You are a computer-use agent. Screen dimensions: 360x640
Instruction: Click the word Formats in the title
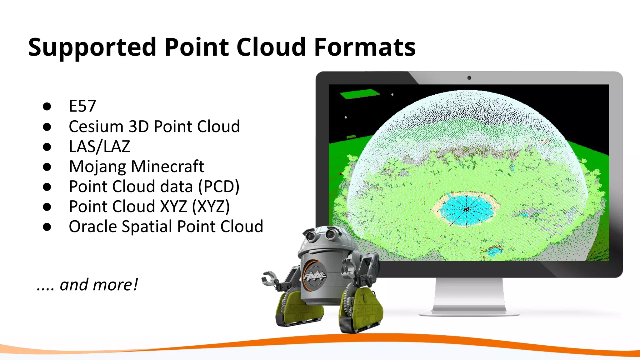pos(365,47)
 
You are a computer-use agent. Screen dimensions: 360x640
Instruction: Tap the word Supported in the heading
pos(92,48)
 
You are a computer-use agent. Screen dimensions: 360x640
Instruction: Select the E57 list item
pos(82,106)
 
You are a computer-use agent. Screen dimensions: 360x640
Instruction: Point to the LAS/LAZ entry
pos(99,147)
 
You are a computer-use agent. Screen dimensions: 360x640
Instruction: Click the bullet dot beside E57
pos(47,107)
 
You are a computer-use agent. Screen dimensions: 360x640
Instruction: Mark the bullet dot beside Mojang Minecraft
pos(47,167)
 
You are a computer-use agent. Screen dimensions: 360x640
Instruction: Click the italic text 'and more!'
pos(99,285)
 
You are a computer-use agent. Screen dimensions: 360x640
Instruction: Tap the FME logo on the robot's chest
pos(314,276)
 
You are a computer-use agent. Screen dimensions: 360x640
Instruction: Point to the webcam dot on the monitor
pos(469,78)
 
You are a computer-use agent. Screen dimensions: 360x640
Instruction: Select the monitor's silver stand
pos(469,297)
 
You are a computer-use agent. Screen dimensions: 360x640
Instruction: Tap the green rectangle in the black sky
pos(359,93)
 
